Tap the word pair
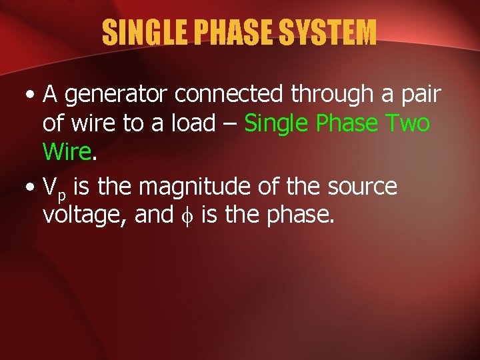pos(419,96)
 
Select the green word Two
pos(407,123)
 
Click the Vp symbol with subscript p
pos(54,189)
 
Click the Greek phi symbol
pos(186,217)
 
